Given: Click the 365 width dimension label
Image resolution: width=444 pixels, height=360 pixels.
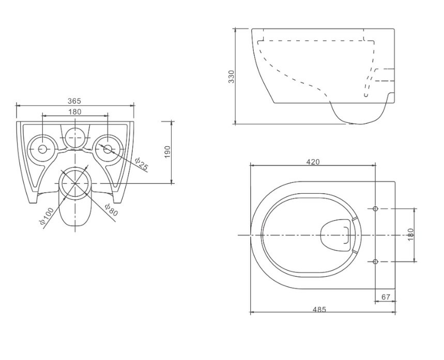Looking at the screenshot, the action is coord(74,101).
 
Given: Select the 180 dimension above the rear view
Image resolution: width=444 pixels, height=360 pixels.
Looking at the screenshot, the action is coord(75,112).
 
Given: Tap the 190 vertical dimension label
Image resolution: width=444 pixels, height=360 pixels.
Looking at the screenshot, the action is coord(167,152).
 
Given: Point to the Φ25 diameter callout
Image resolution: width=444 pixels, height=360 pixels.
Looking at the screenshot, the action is coord(141,164).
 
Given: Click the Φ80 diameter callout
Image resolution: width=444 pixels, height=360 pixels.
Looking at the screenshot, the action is coord(111,210).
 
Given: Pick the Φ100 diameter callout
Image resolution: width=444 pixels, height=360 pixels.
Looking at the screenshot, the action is coord(47,216).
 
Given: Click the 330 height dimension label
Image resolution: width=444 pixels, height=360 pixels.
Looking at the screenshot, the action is coord(232,76).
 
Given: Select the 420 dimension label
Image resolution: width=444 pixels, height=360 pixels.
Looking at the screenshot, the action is coord(313,162).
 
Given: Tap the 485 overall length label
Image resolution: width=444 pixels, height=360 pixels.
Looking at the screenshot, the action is coord(319,309).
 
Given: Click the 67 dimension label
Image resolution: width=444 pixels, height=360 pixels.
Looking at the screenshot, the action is coord(386,297).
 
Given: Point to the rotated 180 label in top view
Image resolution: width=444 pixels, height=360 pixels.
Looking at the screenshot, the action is coord(411,235).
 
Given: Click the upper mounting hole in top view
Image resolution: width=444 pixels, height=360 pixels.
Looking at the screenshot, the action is coord(375,209).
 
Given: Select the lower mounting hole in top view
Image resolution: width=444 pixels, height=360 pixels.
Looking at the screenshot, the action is coord(375,261).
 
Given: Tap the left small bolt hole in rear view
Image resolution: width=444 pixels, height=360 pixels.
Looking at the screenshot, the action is coord(42,149).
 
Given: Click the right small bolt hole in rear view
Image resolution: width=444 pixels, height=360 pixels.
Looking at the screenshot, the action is coord(108,149).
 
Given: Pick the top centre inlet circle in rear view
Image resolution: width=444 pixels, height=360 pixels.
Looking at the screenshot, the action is coord(75,138).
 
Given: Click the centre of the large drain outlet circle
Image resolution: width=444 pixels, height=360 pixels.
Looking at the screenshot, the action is coord(75,183).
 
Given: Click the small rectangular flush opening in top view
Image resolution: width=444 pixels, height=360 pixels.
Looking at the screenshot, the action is coord(346,235).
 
